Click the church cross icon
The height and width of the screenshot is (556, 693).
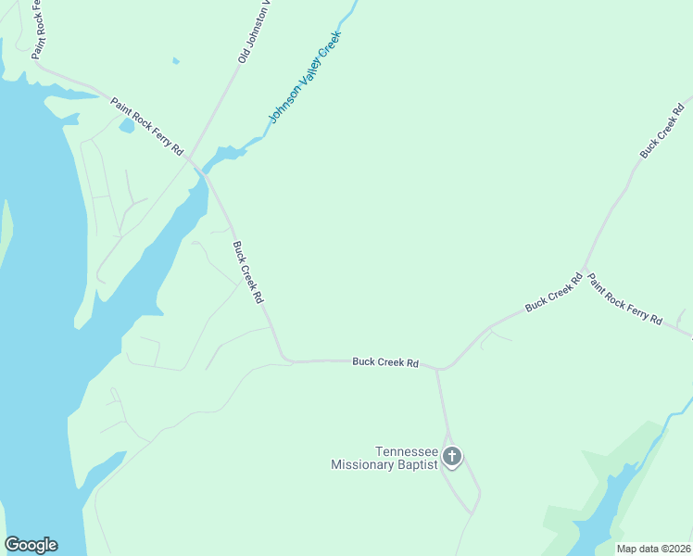(452, 456)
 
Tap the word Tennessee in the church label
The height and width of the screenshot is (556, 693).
(406, 451)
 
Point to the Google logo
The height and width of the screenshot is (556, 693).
(31, 545)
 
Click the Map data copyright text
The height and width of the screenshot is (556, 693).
(654, 549)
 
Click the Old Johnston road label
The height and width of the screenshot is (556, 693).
(253, 32)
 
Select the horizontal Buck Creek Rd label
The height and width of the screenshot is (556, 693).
(385, 361)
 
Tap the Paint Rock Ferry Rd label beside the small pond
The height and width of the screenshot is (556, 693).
(147, 126)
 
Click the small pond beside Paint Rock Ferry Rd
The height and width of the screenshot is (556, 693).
(127, 125)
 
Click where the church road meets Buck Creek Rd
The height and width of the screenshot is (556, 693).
(439, 369)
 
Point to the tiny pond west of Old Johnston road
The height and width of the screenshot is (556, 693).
(175, 61)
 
